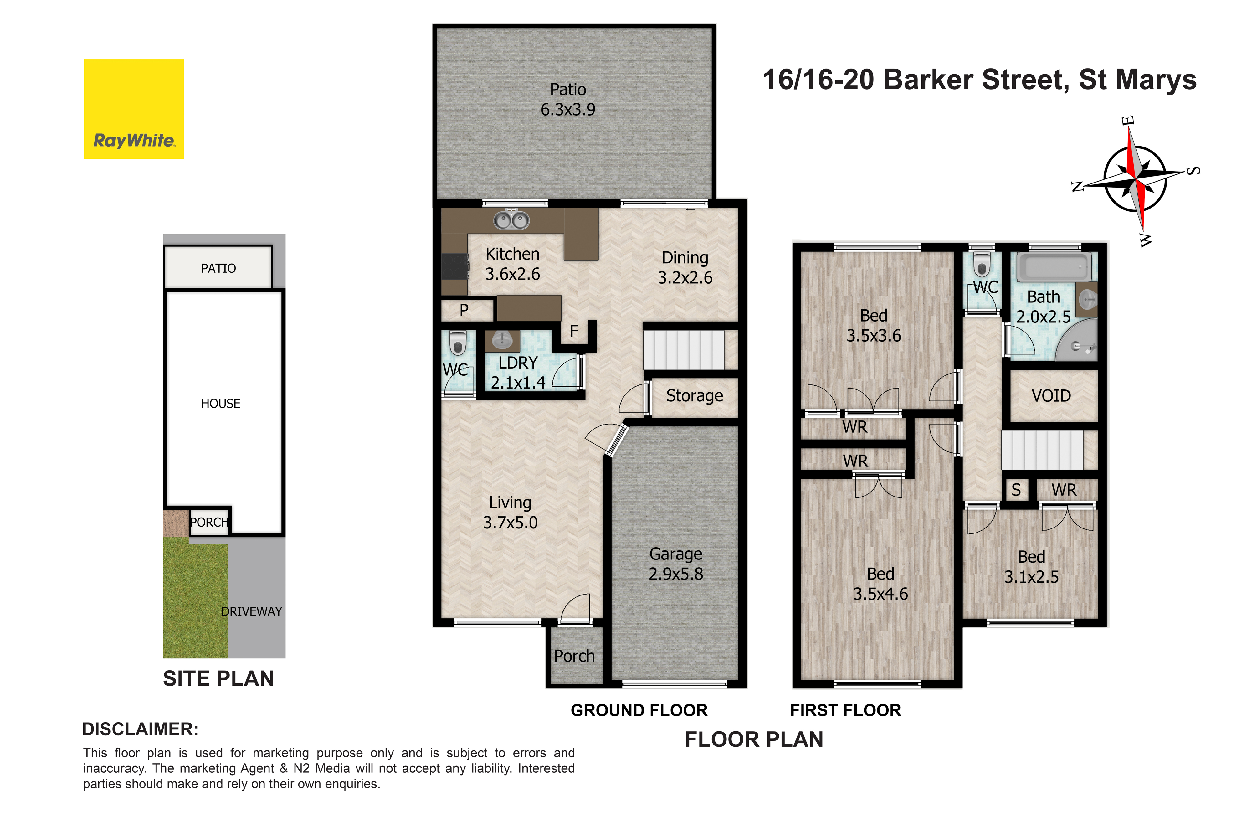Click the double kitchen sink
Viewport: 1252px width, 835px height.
tap(511, 219)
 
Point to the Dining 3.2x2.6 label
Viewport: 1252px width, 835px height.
tap(685, 267)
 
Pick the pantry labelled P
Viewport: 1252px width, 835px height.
tap(464, 310)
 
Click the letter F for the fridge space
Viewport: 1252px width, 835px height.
tap(574, 331)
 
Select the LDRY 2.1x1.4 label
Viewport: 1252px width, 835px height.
tap(518, 372)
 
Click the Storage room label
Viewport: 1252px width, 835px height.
tap(695, 396)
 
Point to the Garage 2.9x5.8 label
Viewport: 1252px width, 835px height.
tap(676, 564)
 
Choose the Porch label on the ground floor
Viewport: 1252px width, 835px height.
tap(574, 656)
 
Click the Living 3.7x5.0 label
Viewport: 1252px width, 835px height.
tap(511, 512)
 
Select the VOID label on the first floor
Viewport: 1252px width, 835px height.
tap(1051, 396)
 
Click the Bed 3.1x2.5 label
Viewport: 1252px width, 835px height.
tap(1032, 567)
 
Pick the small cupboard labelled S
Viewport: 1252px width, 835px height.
tap(1017, 490)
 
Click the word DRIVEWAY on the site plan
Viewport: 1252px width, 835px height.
tap(252, 611)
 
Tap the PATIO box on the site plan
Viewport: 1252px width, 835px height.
tap(218, 267)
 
